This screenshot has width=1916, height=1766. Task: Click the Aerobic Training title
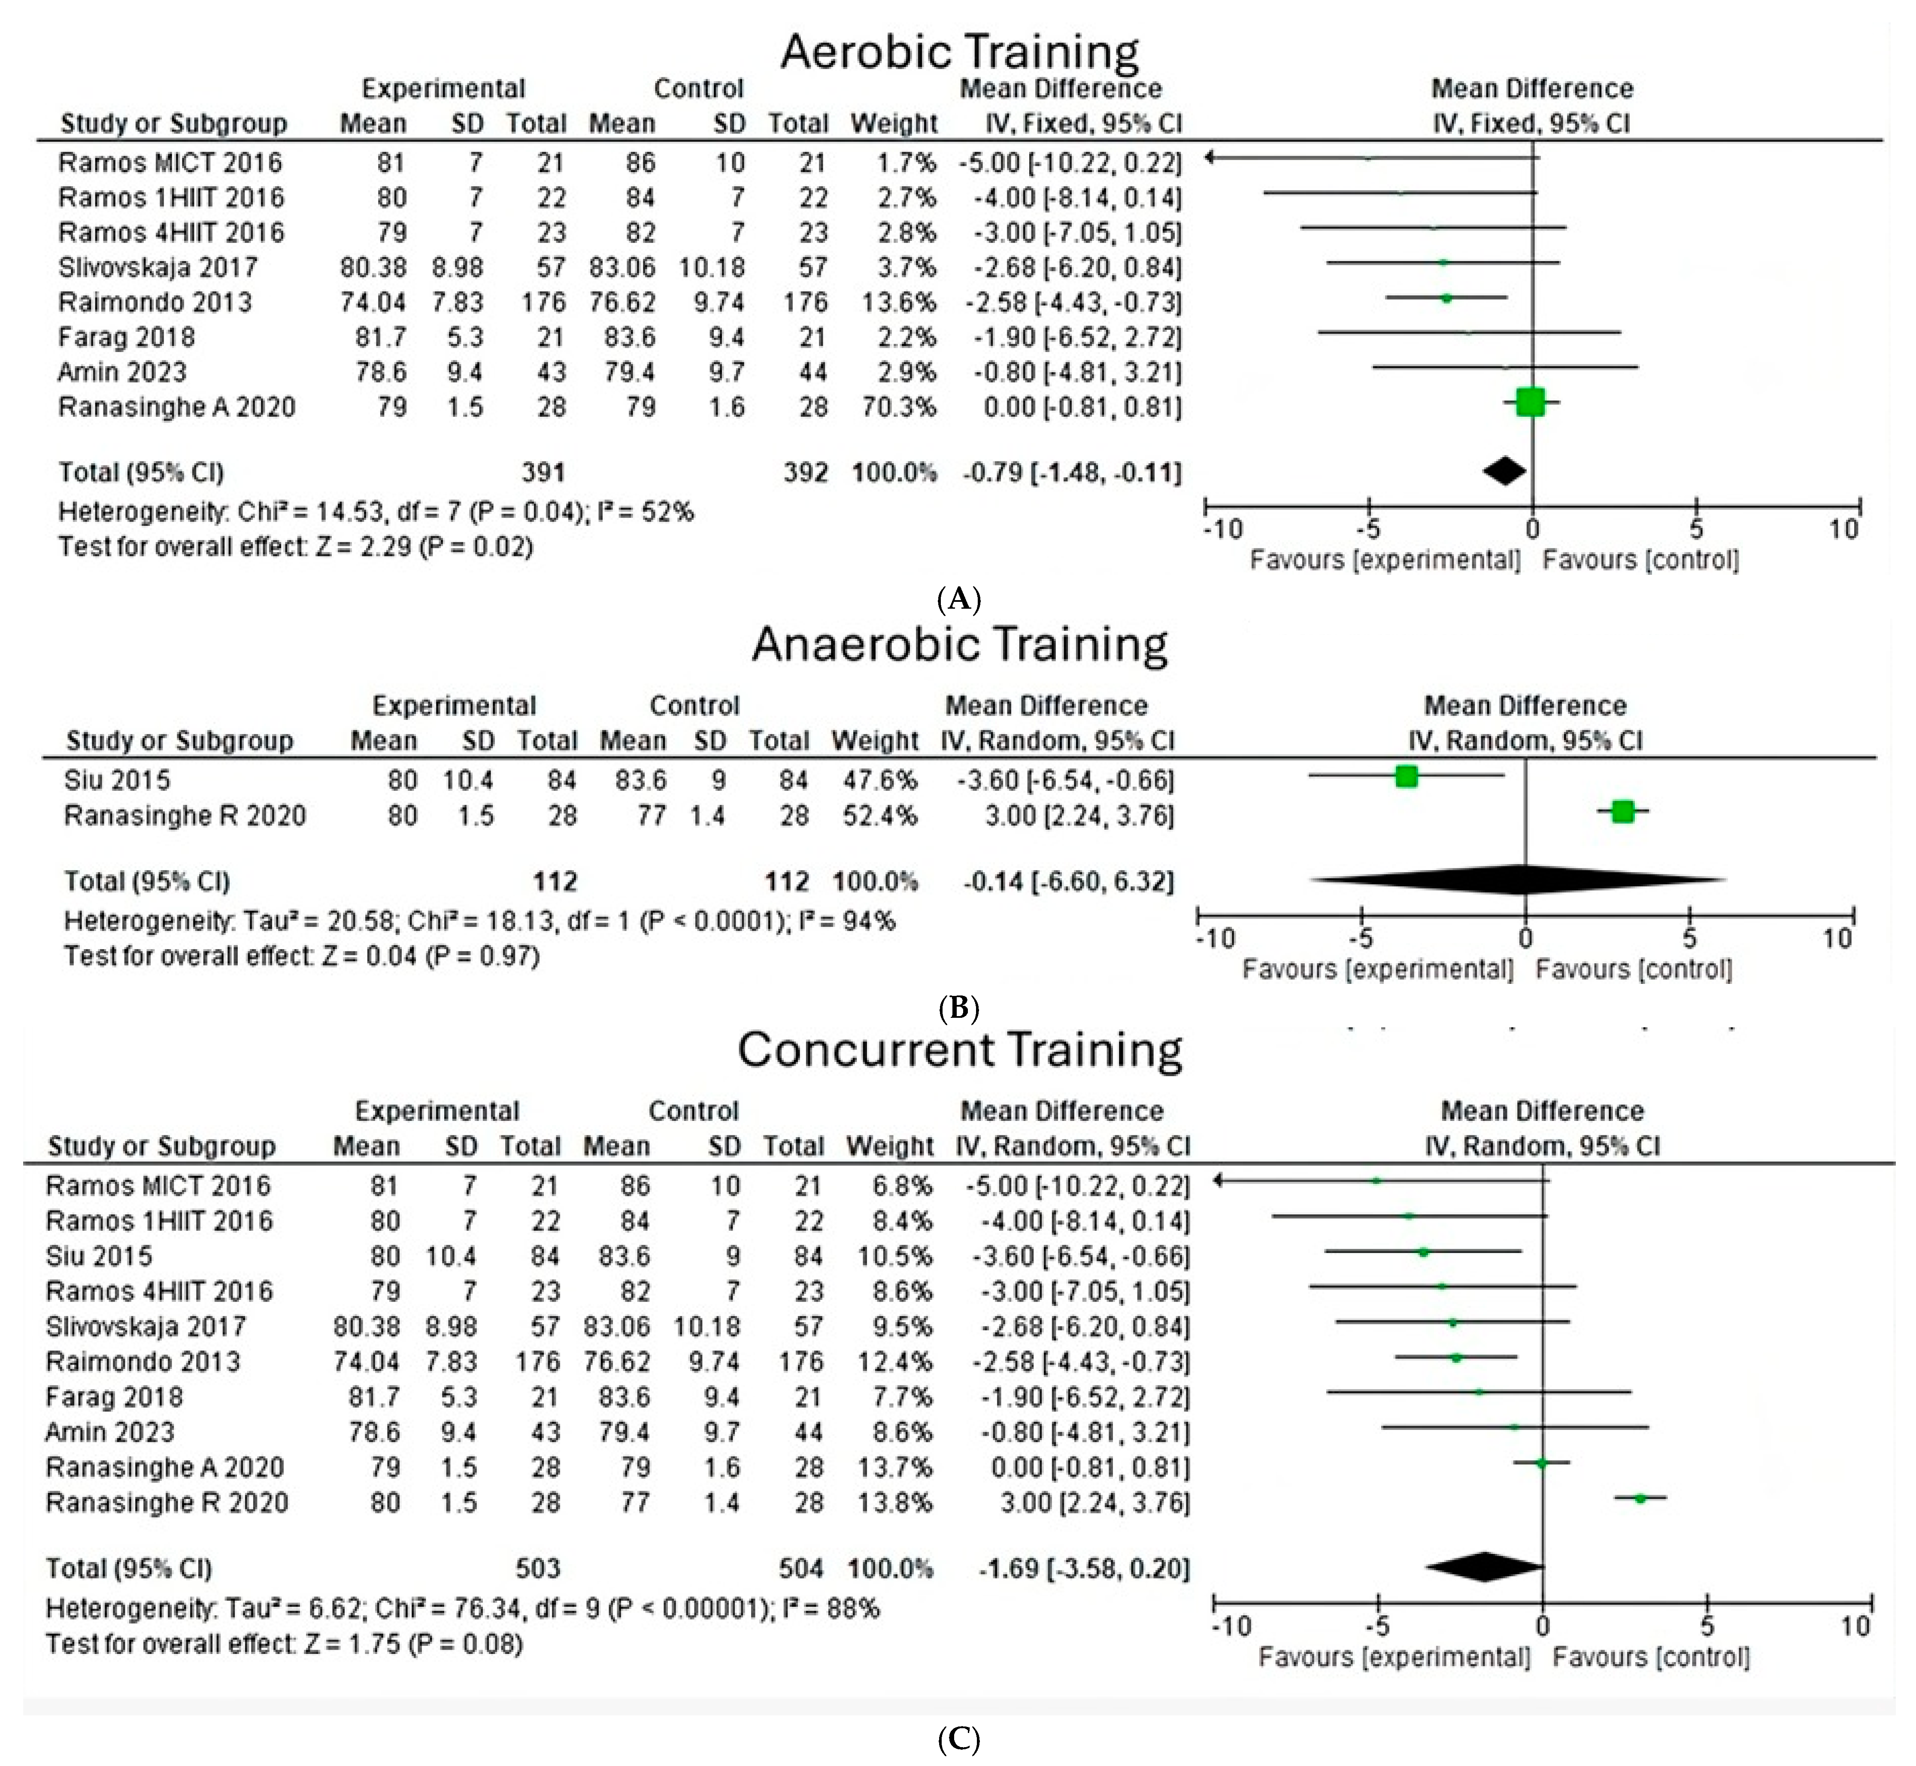pos(959,52)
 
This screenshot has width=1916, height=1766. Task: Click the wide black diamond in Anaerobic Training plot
pos(1519,879)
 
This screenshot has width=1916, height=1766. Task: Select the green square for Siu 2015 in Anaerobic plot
pos(1406,776)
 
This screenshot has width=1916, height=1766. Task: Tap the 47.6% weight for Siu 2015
pos(874,781)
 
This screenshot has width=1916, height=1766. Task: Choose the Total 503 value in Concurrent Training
pos(537,1568)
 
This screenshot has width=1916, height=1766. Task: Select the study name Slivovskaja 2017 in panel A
pos(158,267)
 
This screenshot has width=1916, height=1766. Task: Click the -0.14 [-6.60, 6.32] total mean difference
pos(1067,881)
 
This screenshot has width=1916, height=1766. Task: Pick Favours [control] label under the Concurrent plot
pos(1650,1657)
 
